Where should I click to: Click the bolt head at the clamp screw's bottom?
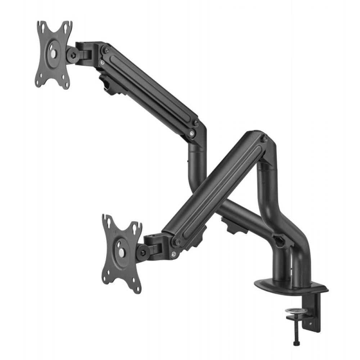click(296, 344)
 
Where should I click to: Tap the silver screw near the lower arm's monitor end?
click(174, 254)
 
